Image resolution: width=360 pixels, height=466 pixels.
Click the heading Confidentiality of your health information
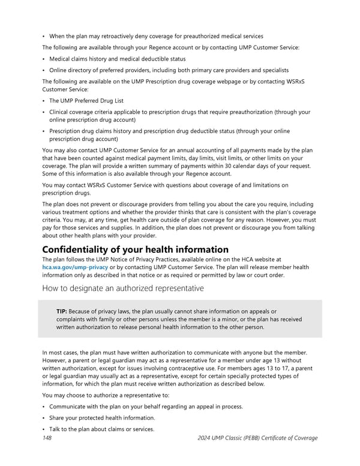click(x=135, y=249)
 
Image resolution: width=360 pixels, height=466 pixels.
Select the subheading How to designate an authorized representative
click(x=122, y=288)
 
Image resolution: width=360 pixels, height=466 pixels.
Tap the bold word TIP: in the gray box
click(x=61, y=311)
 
